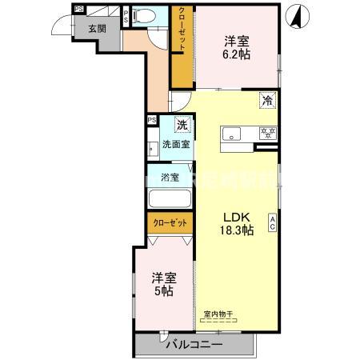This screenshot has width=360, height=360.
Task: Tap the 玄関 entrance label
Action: (97, 29)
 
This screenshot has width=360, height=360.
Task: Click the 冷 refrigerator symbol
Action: (267, 102)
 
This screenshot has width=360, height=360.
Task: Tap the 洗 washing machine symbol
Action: (182, 125)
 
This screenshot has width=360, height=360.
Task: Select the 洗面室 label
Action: (176, 145)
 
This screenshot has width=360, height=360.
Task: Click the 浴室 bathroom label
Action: (169, 177)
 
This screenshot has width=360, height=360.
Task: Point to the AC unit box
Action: (273, 223)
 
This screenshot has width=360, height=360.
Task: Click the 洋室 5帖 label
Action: (163, 284)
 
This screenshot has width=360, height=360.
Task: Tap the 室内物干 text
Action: (218, 314)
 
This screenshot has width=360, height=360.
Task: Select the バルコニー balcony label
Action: (194, 345)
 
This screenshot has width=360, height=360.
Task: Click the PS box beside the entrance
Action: (78, 9)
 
